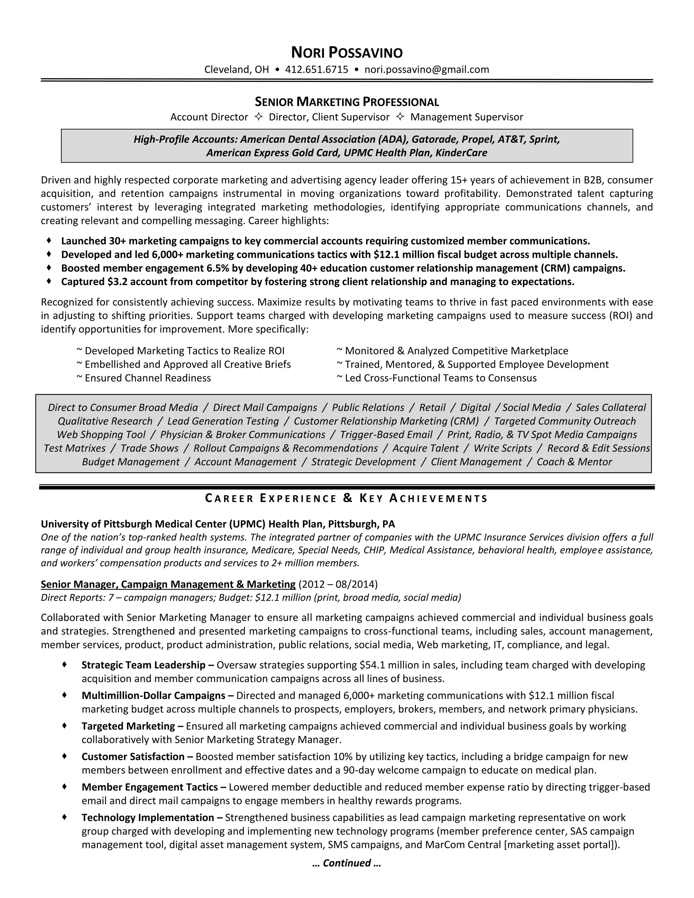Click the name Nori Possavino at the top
coord(347,53)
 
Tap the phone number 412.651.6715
coord(317,69)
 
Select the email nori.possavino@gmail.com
coord(426,69)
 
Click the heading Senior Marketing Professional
coord(347,102)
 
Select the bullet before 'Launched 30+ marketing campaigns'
coord(49,240)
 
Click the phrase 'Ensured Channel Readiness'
coord(148,378)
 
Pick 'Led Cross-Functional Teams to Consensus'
coord(440,378)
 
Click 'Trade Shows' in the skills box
coord(150,448)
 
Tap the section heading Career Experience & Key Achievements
coord(347,498)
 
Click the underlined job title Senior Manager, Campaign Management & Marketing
coord(168,584)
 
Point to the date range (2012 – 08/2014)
coord(338,584)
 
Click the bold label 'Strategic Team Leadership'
coord(143,665)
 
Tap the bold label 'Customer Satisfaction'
coord(133,757)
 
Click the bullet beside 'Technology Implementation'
coord(64,817)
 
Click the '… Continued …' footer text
coord(347,863)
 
